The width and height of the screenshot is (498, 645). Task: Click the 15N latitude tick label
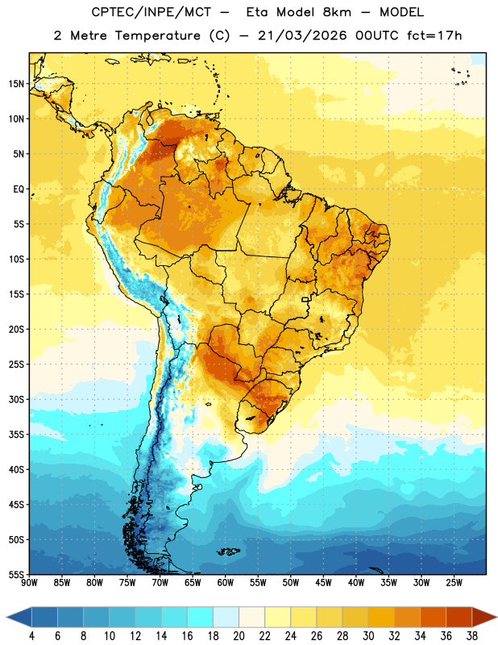point(16,84)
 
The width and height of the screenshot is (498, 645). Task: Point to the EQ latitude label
point(19,189)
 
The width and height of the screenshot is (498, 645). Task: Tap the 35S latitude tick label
point(16,435)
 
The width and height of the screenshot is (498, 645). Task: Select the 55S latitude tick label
point(16,574)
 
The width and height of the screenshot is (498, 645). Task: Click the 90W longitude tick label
point(30,582)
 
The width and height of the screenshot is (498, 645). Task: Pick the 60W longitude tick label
point(226,582)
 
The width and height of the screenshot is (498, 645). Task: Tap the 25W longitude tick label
point(454,582)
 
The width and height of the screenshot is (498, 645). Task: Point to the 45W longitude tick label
point(323,582)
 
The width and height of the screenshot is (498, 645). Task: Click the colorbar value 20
point(239,636)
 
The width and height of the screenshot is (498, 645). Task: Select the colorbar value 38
point(471,636)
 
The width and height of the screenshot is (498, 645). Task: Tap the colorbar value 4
point(31,636)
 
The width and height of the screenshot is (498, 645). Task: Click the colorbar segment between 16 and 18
point(201,617)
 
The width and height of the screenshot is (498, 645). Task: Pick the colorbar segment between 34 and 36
point(433,617)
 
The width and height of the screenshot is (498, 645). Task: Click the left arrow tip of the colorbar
point(6,617)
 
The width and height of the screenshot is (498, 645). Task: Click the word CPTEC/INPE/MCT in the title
point(151,12)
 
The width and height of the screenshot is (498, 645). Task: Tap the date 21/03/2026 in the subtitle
point(302,35)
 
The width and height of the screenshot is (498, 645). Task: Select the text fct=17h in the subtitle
point(434,35)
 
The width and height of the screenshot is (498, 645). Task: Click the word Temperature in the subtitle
point(157,35)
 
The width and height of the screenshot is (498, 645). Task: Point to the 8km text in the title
point(337,12)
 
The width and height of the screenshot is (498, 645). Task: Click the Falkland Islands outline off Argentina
point(228,551)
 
